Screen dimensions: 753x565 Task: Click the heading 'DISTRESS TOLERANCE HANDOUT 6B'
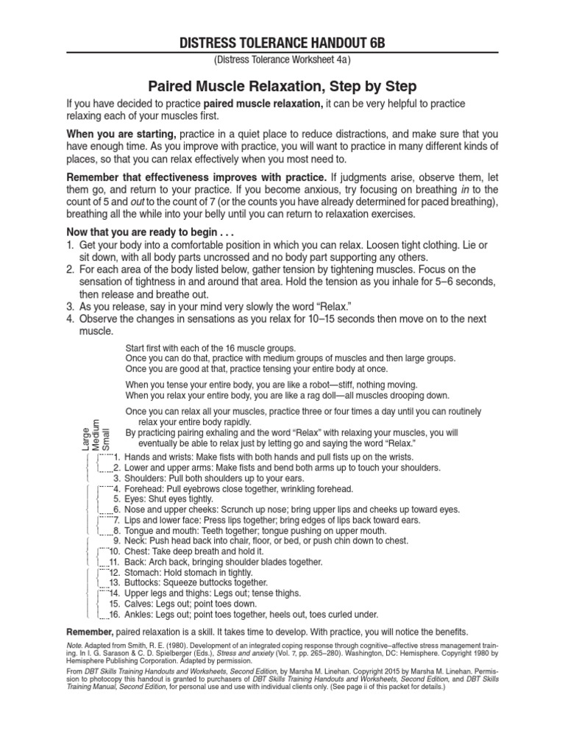[x=282, y=43]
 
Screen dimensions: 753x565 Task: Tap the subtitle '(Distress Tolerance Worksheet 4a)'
[x=282, y=60]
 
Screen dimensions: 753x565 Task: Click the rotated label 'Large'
[x=86, y=438]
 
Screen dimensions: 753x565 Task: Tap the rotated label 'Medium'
[x=96, y=434]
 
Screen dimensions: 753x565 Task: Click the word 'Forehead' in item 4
[x=143, y=488]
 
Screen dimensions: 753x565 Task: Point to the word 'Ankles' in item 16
[x=139, y=614]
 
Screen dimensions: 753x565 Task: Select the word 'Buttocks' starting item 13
[x=142, y=582]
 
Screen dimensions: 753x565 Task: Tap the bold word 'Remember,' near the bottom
[x=90, y=632]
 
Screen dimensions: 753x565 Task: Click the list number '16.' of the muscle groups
[x=114, y=614]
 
